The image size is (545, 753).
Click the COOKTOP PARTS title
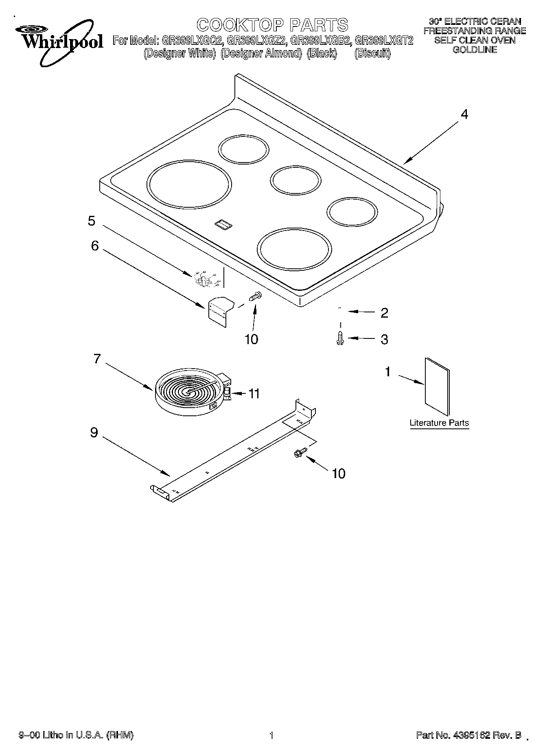tap(272, 25)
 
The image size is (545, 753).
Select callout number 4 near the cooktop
tap(464, 114)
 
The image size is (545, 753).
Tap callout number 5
tap(92, 221)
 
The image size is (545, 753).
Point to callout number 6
tap(94, 246)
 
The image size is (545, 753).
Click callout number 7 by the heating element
tap(97, 359)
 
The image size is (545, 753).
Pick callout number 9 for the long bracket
tap(94, 432)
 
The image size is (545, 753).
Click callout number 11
tap(254, 394)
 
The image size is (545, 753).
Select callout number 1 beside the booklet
tap(388, 372)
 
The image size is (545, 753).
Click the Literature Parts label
tap(439, 423)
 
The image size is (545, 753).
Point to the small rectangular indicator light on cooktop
tap(223, 223)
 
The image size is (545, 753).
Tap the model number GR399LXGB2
tap(321, 41)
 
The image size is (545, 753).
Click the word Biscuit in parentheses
tap(372, 54)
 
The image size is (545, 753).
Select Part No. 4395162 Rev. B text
tap(468, 735)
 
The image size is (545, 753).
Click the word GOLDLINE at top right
tap(475, 50)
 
